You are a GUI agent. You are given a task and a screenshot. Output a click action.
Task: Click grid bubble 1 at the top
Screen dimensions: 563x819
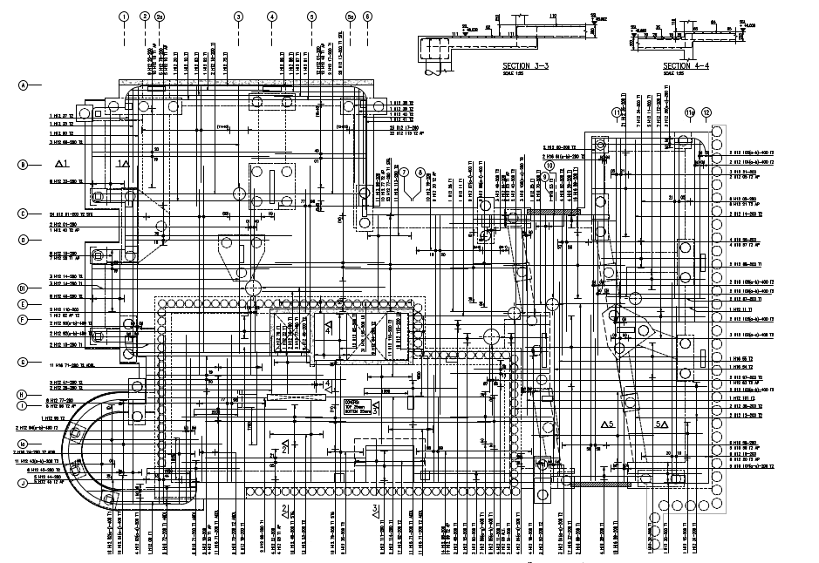point(124,17)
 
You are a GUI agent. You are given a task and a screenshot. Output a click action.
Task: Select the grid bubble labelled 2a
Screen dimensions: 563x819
point(159,17)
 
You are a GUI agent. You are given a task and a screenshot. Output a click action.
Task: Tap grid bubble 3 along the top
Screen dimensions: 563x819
point(238,17)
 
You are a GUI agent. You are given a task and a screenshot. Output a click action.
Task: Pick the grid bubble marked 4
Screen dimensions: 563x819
point(272,17)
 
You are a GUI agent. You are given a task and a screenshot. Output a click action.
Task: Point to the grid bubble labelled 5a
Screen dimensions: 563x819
point(350,17)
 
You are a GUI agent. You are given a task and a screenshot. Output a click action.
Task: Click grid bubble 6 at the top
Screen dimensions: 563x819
point(367,17)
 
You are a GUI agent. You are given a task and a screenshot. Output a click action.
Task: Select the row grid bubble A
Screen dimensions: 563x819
point(24,85)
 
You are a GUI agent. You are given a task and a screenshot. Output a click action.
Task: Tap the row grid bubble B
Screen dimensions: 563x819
point(24,164)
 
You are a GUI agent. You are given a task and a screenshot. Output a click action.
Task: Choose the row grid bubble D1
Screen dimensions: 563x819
point(24,288)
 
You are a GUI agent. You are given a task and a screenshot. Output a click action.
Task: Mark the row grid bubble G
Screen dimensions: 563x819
point(24,361)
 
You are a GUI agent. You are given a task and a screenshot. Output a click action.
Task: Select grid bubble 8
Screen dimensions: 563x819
point(420,172)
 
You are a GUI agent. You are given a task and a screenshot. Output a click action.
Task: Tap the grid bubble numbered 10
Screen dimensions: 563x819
point(549,164)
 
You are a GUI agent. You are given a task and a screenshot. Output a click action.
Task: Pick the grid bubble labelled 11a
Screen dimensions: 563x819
point(689,112)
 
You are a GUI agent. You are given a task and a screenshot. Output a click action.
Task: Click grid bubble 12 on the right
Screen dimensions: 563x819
point(706,112)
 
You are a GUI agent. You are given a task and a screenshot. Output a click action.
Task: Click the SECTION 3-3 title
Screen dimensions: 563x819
point(529,65)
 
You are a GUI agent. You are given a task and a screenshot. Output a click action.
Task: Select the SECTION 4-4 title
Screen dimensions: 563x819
point(687,65)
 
